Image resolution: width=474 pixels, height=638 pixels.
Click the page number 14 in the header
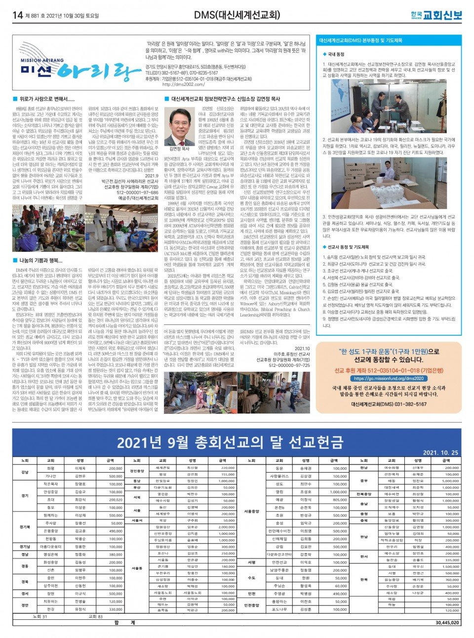click(x=18, y=15)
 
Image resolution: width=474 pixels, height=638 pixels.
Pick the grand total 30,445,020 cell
click(x=447, y=623)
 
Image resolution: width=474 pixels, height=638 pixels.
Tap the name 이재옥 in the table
click(x=80, y=468)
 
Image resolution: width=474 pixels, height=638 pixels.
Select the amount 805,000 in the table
click(x=340, y=499)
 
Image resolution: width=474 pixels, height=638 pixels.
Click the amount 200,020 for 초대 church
click(x=116, y=499)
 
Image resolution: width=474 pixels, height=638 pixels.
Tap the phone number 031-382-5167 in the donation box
click(x=408, y=404)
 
